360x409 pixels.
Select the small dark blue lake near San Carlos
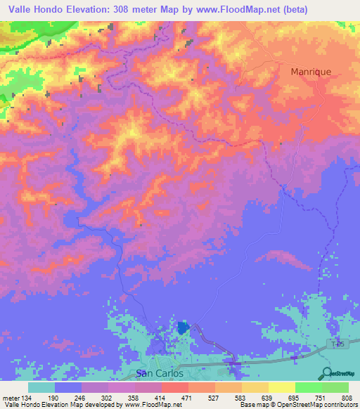183,327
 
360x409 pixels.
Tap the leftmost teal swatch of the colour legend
41,387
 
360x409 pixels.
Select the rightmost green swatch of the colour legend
335,387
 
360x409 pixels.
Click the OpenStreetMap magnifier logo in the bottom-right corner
327,372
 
